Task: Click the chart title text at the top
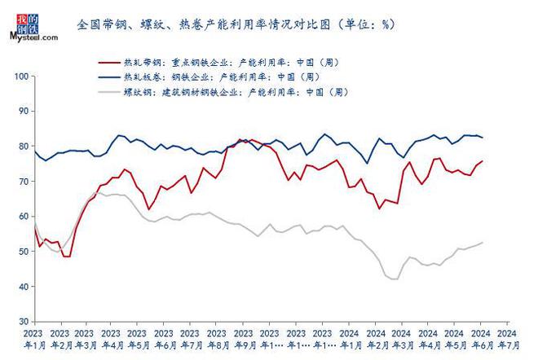pos(236,24)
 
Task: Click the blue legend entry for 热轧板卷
pos(211,77)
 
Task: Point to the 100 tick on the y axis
pos(21,76)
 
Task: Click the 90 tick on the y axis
pos(24,111)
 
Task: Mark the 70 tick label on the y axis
pos(24,182)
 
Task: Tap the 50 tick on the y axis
pos(24,252)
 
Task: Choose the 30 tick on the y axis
pos(24,322)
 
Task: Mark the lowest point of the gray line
pos(395,279)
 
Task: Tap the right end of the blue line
pos(482,137)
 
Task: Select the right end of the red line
pos(482,160)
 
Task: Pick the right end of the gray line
pos(482,242)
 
